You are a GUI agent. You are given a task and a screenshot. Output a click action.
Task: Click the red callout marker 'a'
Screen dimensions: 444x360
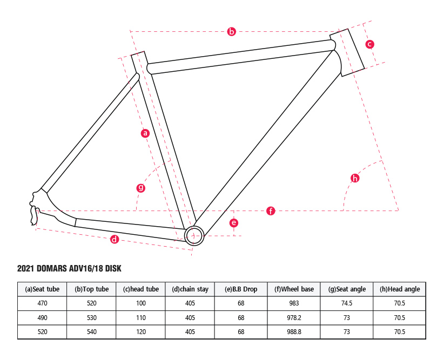click(145, 133)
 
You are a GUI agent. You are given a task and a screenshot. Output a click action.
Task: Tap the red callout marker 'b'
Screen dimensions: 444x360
click(232, 31)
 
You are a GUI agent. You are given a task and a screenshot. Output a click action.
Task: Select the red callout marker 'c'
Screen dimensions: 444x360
click(369, 44)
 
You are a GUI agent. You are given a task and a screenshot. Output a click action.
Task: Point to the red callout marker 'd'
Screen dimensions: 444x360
click(115, 240)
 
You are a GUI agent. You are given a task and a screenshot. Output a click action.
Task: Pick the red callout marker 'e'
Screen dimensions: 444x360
click(233, 223)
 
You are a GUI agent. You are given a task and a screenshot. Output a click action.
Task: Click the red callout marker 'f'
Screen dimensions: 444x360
click(271, 211)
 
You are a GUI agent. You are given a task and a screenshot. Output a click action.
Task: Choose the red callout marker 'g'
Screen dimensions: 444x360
click(141, 188)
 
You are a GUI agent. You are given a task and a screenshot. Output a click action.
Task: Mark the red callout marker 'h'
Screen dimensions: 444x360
click(355, 178)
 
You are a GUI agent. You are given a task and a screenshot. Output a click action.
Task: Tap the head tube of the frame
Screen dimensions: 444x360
click(347, 52)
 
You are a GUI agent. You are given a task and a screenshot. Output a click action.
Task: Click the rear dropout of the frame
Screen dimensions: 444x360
click(35, 208)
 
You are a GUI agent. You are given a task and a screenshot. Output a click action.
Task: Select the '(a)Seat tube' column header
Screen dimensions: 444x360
click(42, 289)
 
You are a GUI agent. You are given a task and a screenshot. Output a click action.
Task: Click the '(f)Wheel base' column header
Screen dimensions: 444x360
click(294, 289)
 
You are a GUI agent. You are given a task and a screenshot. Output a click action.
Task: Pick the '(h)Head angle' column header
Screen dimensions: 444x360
click(400, 289)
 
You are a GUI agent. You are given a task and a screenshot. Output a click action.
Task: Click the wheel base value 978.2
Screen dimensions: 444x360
click(294, 317)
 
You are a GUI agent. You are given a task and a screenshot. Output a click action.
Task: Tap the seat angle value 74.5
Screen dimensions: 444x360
click(347, 303)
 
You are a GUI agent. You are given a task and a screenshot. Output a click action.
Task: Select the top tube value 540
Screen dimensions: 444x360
click(92, 332)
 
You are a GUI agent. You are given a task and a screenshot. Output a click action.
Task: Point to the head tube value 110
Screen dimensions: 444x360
click(141, 317)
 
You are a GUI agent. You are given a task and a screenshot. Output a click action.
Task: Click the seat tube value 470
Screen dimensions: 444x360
click(42, 303)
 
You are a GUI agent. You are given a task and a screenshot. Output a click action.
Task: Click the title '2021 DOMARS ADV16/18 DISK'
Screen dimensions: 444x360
click(69, 268)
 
